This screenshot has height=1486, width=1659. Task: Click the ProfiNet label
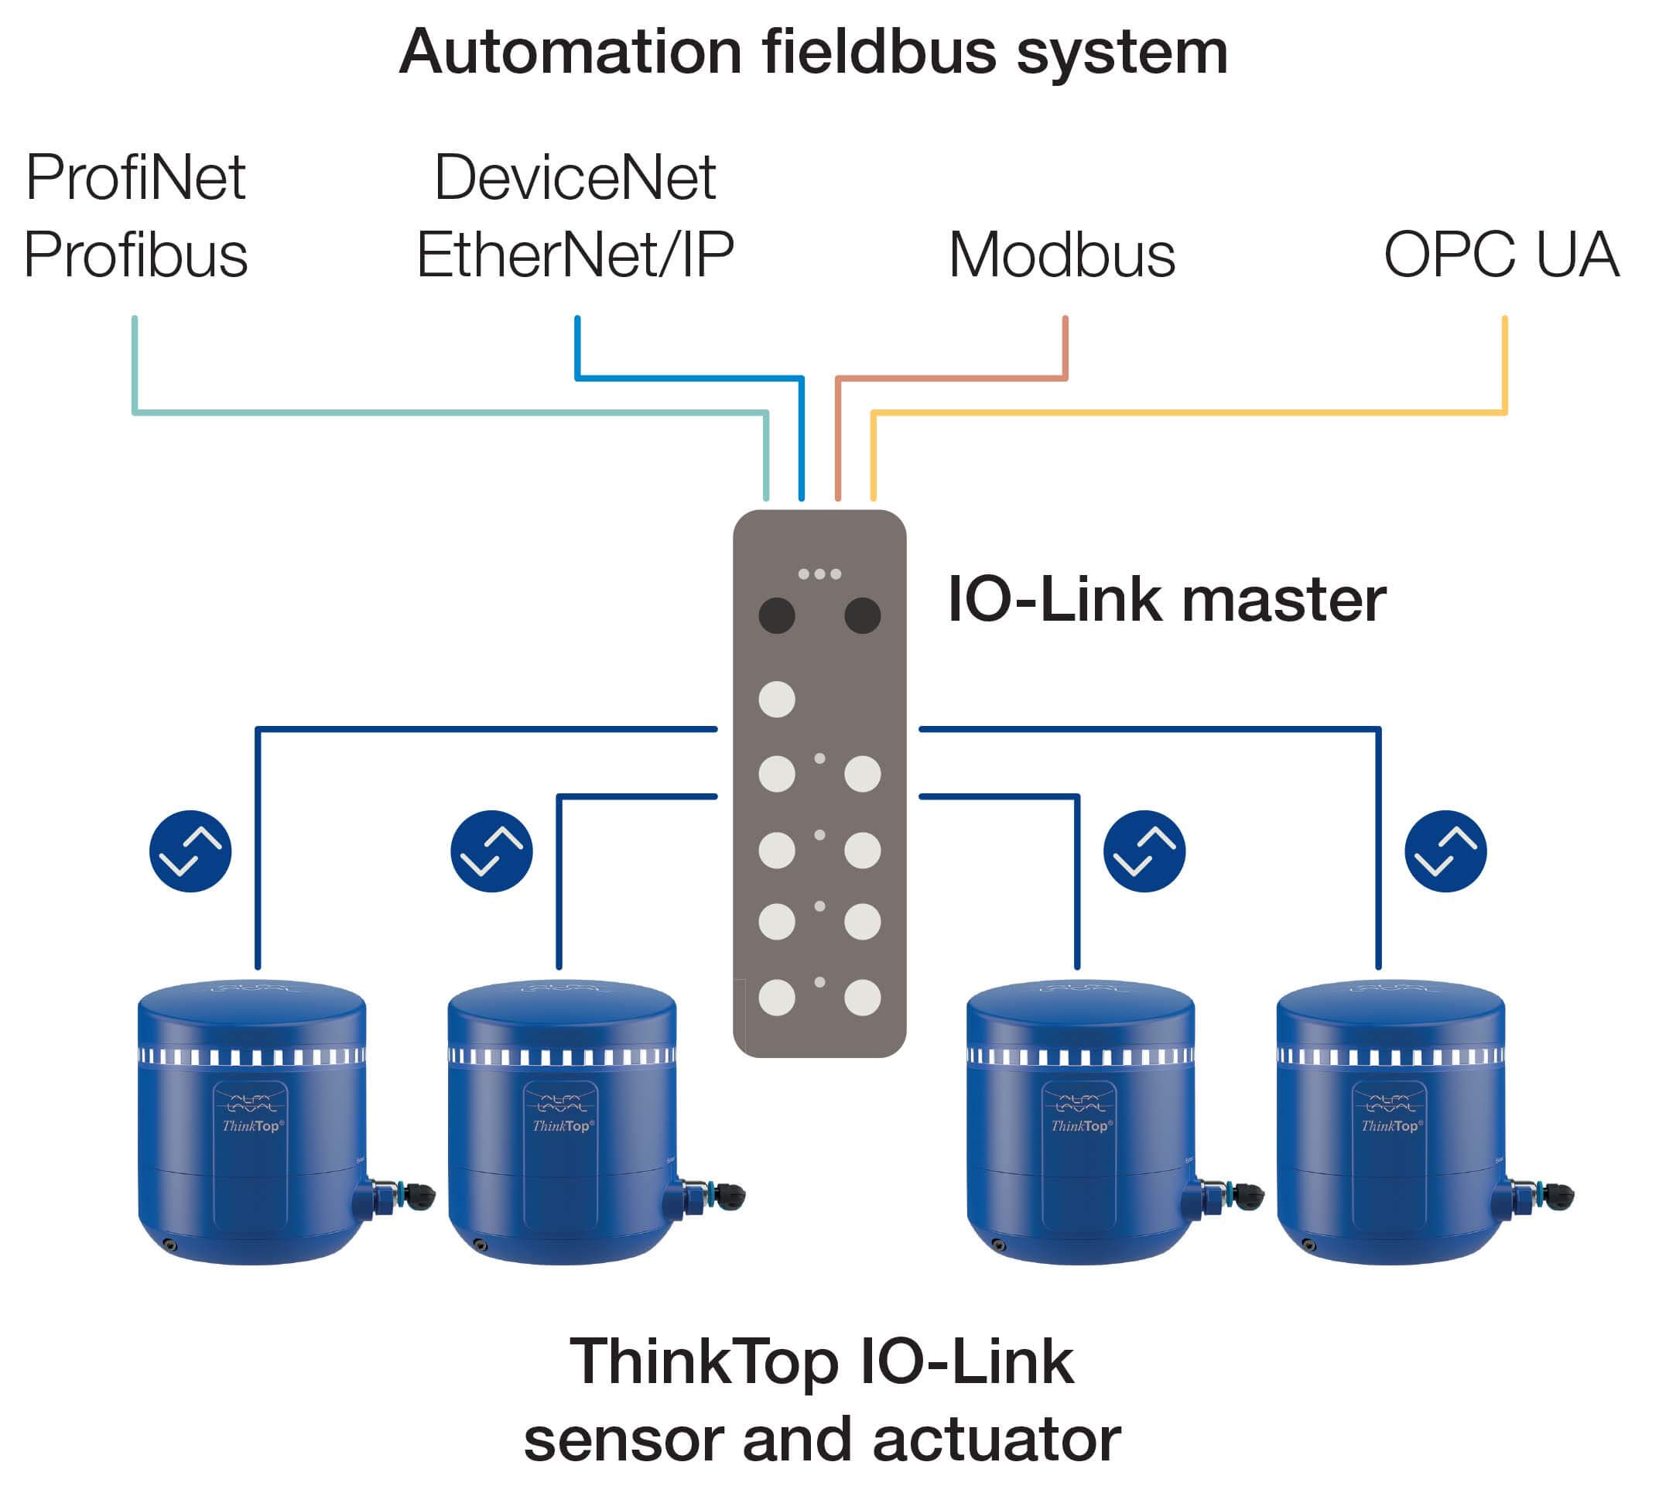(135, 177)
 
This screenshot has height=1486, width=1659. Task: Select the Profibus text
(135, 255)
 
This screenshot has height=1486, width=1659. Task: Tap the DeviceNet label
(575, 177)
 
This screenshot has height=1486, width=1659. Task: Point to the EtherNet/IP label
(575, 255)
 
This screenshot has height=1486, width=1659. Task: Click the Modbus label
(1062, 255)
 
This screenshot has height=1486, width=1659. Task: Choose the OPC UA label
(1500, 255)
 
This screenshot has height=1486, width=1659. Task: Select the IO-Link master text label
(1166, 600)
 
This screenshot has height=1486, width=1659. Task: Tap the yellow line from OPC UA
(1184, 413)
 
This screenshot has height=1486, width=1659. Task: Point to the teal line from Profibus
(449, 413)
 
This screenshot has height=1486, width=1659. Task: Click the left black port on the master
(776, 615)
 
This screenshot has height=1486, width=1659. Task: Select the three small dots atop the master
(819, 574)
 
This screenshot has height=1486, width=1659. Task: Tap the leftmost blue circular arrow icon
(190, 851)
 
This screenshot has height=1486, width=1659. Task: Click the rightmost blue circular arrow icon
(1445, 851)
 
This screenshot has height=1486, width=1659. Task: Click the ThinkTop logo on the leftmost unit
(252, 1125)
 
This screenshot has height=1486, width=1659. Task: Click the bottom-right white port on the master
(861, 997)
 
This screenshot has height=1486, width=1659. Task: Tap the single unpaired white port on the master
(776, 699)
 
